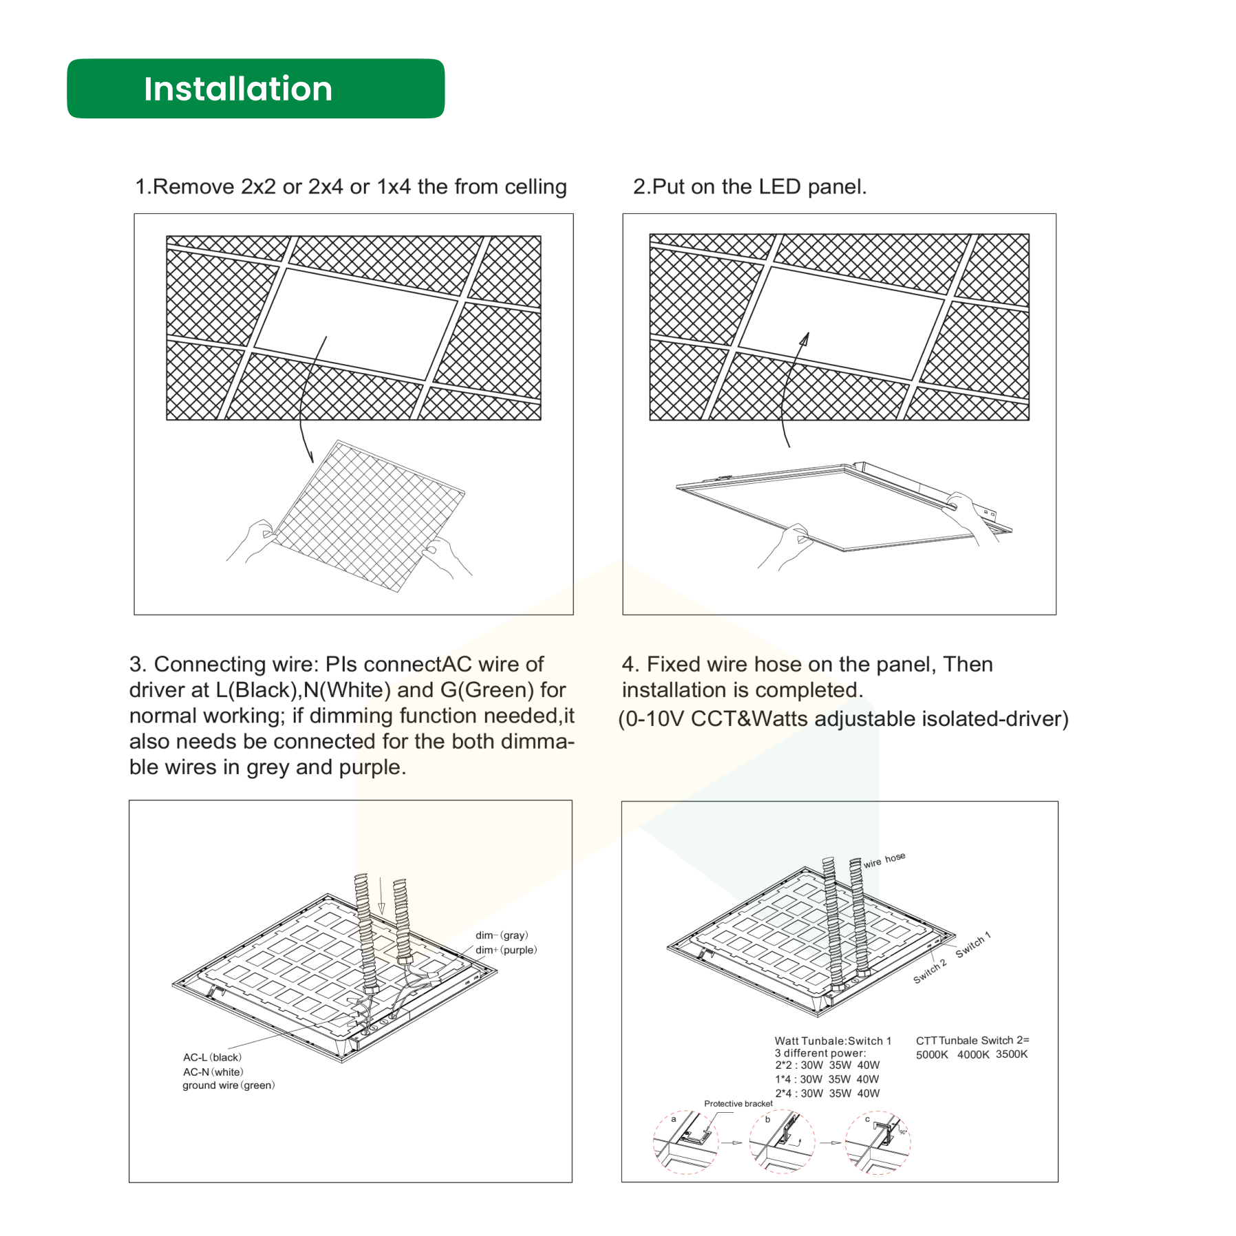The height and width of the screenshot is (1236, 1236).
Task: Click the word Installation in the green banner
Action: (x=238, y=89)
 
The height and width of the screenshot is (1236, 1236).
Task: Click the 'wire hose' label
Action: (x=884, y=860)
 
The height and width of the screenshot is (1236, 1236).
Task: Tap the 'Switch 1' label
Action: (x=972, y=944)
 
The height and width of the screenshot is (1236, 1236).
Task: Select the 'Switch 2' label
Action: (x=930, y=970)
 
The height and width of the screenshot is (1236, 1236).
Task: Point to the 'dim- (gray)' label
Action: (x=502, y=935)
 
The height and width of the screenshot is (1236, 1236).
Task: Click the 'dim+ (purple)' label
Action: (x=506, y=950)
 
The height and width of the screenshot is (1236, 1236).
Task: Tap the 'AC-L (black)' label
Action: (x=212, y=1057)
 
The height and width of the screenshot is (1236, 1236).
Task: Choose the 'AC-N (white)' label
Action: (x=213, y=1072)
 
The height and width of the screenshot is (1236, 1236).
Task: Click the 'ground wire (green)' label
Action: (x=228, y=1085)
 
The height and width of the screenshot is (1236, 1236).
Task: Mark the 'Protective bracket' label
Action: (x=738, y=1103)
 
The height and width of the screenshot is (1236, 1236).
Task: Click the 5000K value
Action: (x=932, y=1054)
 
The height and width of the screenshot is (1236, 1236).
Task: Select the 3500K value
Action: (x=1011, y=1054)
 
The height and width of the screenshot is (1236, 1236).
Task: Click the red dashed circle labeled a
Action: (x=685, y=1142)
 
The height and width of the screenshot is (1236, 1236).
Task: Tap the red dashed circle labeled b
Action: (x=782, y=1142)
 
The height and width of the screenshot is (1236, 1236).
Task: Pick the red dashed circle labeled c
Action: (x=877, y=1142)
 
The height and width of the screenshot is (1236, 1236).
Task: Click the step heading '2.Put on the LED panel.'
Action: (x=749, y=187)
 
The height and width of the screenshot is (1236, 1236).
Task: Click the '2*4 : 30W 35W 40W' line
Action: (x=827, y=1093)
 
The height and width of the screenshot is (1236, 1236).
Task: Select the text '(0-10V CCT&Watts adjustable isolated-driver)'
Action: (x=843, y=718)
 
